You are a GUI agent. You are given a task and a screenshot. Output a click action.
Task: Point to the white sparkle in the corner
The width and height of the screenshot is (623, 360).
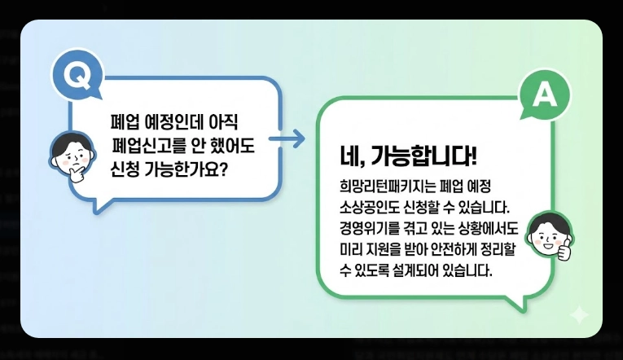point(579,314)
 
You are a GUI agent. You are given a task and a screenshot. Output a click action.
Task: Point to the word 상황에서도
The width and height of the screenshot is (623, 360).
point(492,226)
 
